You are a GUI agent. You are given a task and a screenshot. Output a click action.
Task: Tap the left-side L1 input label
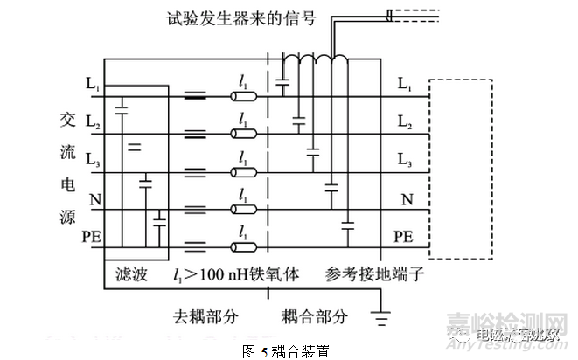point(93,84)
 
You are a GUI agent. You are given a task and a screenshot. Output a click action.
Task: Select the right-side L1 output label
point(404,84)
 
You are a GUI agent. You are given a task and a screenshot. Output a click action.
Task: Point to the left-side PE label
point(91,237)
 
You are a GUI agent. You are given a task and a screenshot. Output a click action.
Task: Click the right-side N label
point(407,199)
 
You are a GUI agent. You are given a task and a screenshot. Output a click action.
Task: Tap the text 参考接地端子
point(376,274)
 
